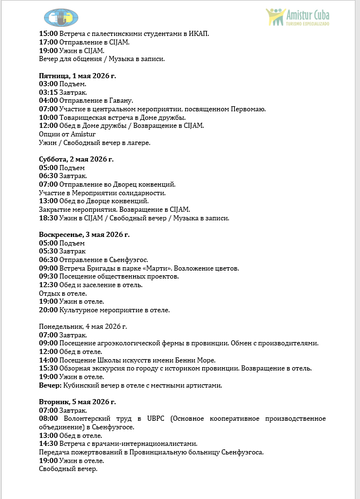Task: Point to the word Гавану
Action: [x=133, y=100]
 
